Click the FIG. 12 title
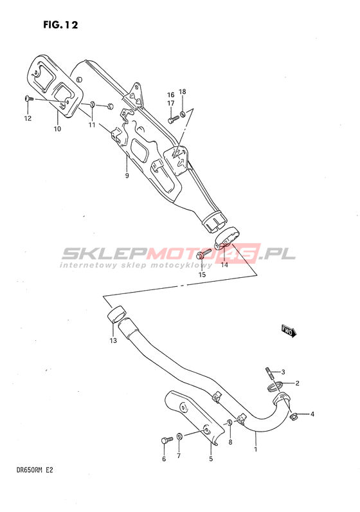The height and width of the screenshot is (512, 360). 60,25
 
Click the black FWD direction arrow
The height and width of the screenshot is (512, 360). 289,331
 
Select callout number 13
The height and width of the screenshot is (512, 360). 113,340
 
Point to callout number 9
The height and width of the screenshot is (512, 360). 127,176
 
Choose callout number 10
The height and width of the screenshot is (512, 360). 57,129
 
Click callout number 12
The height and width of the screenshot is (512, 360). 28,118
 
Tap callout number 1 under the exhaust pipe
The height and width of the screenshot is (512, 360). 256,450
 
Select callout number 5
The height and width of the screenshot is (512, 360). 211,459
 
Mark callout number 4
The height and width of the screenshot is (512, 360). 312,414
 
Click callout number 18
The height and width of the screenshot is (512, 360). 183,91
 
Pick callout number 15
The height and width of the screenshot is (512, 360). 203,275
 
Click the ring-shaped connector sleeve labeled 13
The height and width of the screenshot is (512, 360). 116,314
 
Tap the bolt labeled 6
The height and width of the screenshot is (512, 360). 166,441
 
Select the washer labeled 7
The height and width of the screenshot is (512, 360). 179,436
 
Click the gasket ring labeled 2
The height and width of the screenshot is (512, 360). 274,387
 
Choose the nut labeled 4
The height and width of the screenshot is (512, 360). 293,416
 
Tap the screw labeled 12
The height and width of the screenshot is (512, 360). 29,98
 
